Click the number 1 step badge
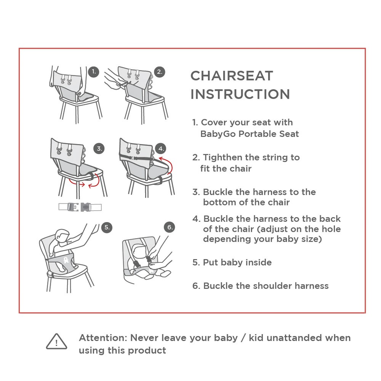[x=94, y=72]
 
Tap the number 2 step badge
[x=159, y=72]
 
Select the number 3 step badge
[x=99, y=149]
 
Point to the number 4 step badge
[x=161, y=149]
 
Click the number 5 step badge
[x=107, y=227]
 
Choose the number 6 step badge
[x=170, y=227]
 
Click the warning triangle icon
[x=56, y=341]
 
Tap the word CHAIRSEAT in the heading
[x=232, y=76]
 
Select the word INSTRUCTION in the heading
[x=240, y=94]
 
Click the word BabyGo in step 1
[x=218, y=134]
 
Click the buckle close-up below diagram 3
[x=80, y=207]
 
